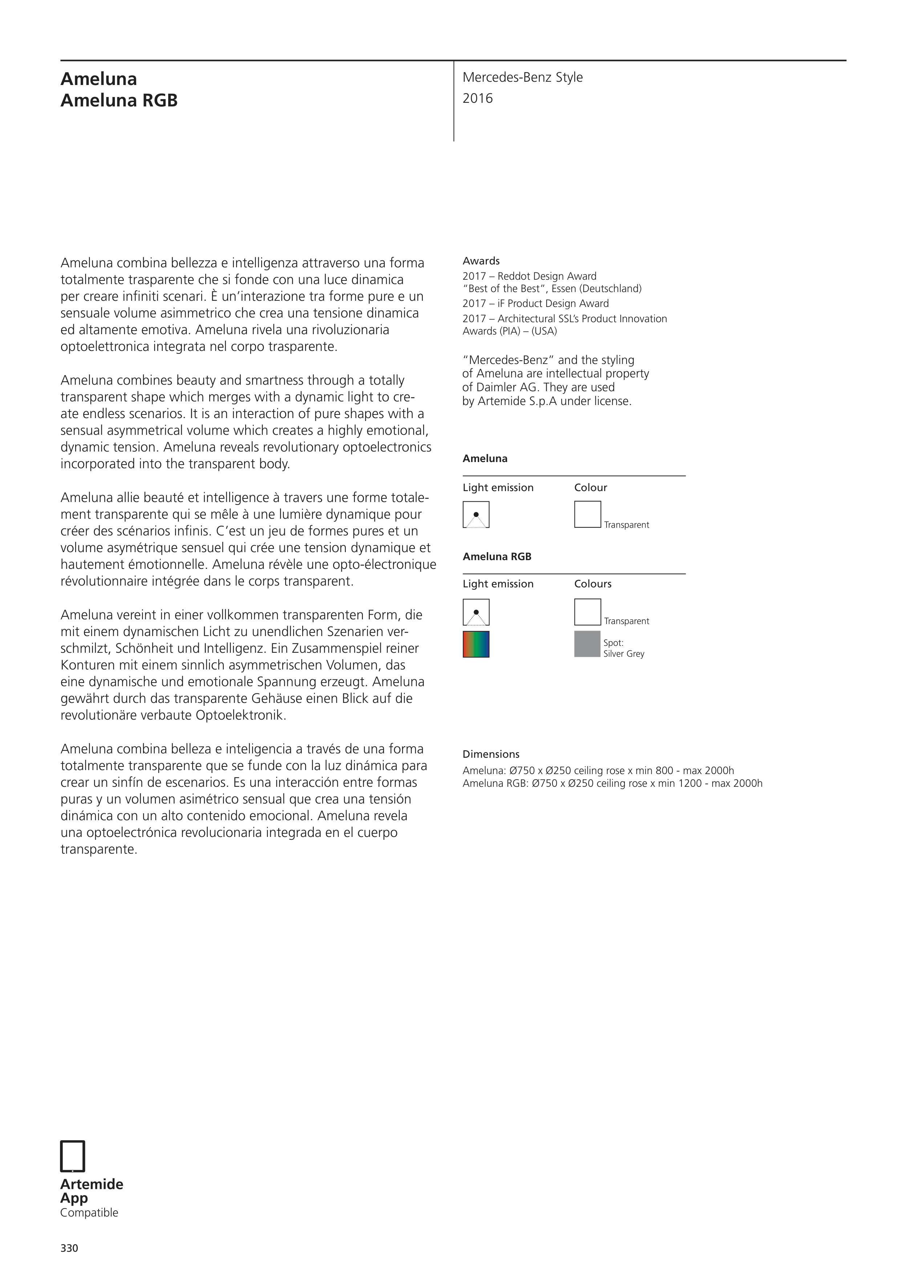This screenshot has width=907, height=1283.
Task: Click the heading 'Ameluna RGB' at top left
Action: (119, 101)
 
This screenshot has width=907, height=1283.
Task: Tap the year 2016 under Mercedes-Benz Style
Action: (478, 98)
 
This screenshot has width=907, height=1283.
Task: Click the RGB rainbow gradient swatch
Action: (476, 644)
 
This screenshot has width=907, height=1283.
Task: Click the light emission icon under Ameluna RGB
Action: (476, 612)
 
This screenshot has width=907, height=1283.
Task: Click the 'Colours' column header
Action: (593, 584)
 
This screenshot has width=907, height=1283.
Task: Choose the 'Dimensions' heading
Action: (491, 754)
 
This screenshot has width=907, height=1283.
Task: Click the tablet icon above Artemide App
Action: (73, 1156)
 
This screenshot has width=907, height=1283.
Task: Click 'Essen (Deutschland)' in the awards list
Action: (596, 288)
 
